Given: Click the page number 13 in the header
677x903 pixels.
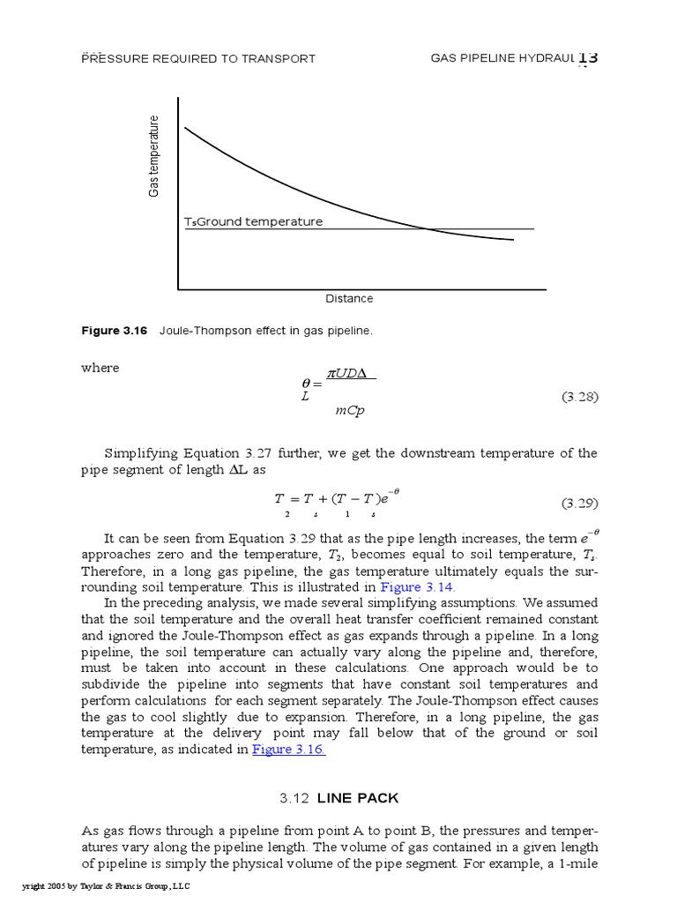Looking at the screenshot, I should (588, 58).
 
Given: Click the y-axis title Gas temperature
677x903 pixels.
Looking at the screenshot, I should (154, 156).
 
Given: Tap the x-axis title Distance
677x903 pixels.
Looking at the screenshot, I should (349, 299).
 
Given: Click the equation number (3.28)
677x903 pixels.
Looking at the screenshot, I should (580, 397).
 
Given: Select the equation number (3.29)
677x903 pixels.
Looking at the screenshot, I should (580, 504).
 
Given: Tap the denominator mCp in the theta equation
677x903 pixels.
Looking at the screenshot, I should (350, 411).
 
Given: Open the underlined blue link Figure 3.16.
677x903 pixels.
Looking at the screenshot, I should (289, 750).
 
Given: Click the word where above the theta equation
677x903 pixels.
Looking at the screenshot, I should (100, 368).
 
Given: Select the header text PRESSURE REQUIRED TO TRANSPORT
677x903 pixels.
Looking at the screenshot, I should (198, 59).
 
